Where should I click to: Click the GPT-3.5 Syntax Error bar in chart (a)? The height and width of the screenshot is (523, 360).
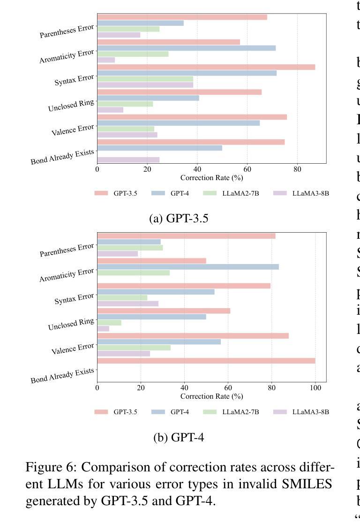(206, 67)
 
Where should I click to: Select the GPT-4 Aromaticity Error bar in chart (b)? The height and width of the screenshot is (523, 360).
(188, 267)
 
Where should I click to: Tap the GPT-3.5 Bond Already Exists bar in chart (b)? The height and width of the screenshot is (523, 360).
(206, 361)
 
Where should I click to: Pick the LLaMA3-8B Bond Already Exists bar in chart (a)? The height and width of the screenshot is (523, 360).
(128, 160)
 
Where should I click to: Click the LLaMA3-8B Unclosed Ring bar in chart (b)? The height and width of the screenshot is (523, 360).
(103, 329)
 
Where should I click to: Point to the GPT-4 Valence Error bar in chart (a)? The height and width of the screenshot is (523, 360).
(179, 123)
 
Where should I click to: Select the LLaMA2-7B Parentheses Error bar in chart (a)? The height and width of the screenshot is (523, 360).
(128, 29)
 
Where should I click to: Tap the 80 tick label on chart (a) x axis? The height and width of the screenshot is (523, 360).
(297, 169)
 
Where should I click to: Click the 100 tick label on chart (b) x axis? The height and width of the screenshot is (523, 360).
(315, 388)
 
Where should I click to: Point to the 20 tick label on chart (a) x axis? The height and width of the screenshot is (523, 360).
(147, 169)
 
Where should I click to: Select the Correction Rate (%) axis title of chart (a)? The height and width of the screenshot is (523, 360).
(212, 178)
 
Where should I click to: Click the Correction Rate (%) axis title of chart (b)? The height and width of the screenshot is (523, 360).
(212, 396)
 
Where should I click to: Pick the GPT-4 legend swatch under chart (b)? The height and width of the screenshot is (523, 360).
(158, 412)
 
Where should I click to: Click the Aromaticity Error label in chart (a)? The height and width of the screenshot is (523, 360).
(67, 57)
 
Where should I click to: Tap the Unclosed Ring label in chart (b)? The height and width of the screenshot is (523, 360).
(71, 324)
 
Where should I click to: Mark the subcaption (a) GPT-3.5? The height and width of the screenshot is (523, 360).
(179, 219)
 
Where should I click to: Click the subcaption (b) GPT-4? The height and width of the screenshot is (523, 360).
(179, 437)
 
